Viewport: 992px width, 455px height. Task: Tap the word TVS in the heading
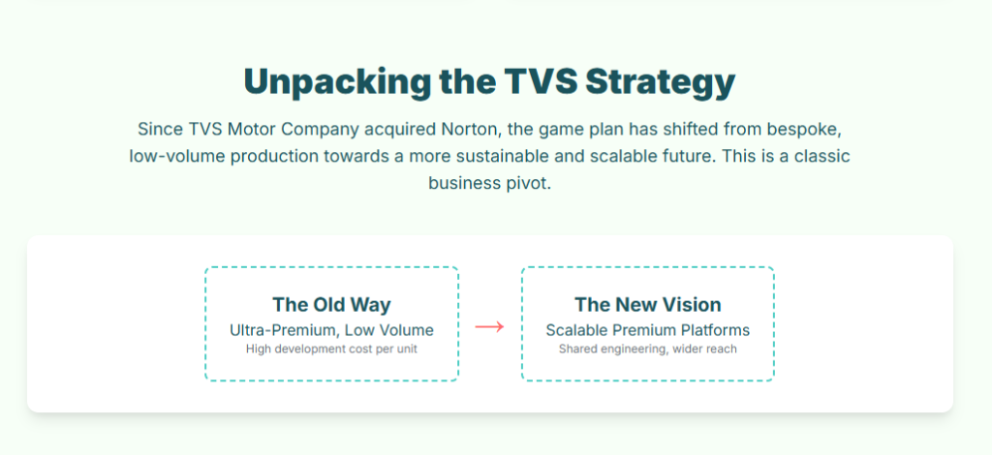click(x=538, y=81)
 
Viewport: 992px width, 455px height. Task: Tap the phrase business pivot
click(x=489, y=184)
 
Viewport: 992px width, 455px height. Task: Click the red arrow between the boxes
click(x=489, y=326)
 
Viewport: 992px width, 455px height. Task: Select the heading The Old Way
click(x=331, y=305)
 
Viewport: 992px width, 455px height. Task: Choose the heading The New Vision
click(x=648, y=305)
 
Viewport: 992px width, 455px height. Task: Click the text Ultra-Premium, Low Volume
click(x=331, y=330)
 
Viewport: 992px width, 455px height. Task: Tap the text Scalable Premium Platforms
click(x=648, y=330)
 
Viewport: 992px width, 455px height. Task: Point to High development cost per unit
click(x=331, y=349)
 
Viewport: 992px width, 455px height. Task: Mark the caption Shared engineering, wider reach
click(x=648, y=349)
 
